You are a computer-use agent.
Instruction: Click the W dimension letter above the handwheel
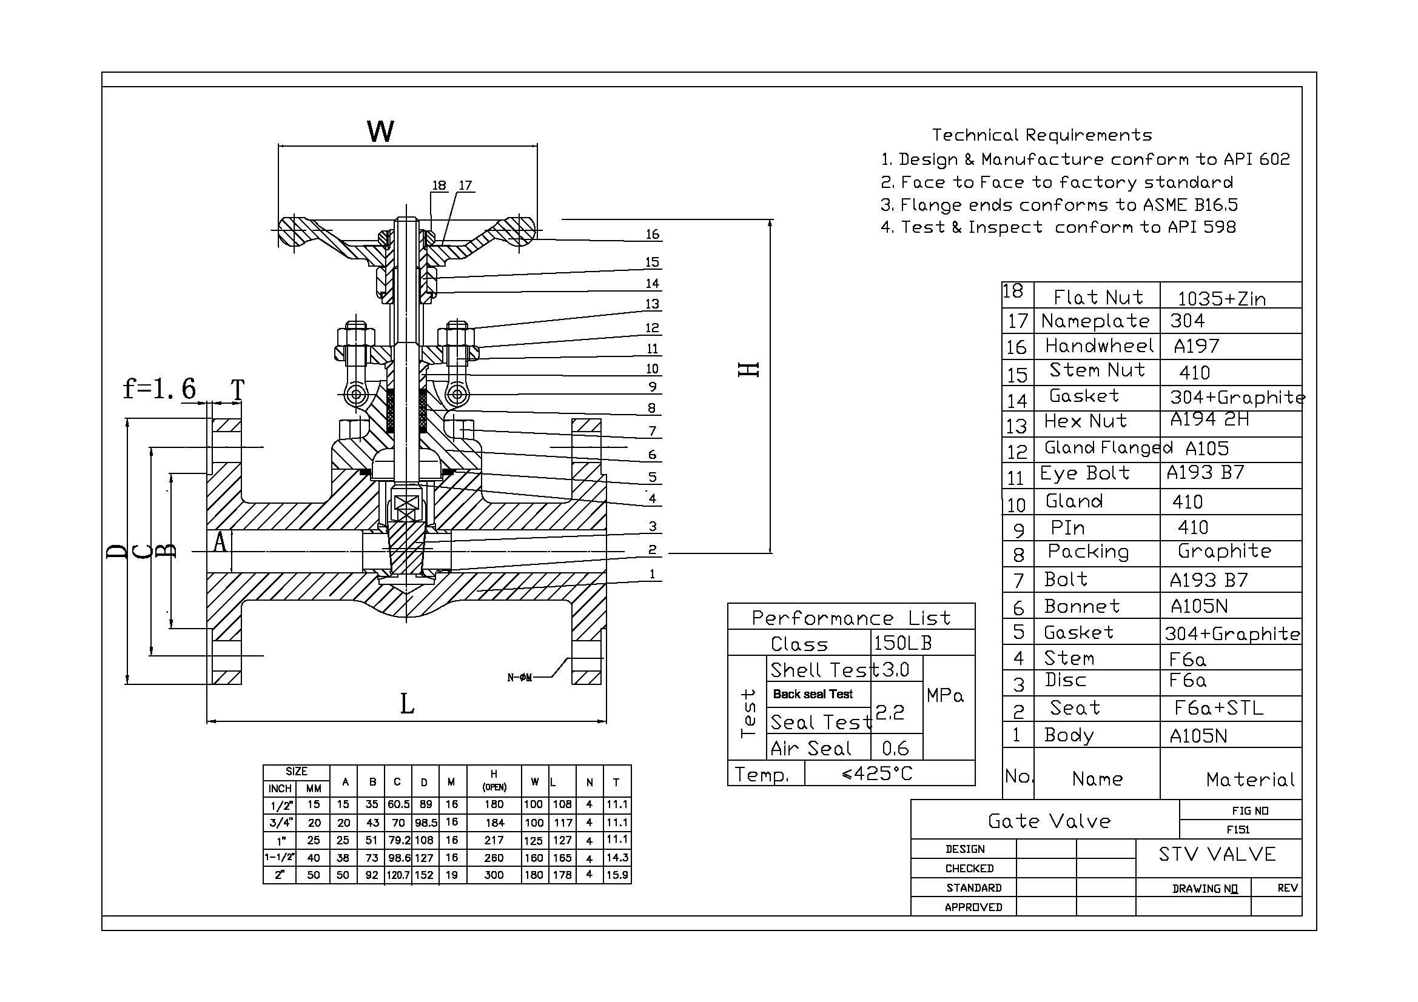pyautogui.click(x=380, y=132)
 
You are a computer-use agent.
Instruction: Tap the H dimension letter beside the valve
pyautogui.click(x=748, y=370)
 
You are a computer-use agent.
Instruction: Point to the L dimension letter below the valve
pyautogui.click(x=407, y=704)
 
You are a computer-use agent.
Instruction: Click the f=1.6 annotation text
pyautogui.click(x=160, y=389)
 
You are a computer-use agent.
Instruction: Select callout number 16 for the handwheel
pyautogui.click(x=652, y=235)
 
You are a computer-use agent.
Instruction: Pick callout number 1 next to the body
pyautogui.click(x=652, y=574)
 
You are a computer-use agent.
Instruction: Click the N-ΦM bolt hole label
pyautogui.click(x=519, y=678)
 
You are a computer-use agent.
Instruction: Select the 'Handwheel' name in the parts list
pyautogui.click(x=1100, y=346)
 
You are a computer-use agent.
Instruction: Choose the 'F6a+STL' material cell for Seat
pyautogui.click(x=1218, y=708)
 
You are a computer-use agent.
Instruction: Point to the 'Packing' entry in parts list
pyautogui.click(x=1088, y=552)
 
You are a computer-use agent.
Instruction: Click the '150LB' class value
pyautogui.click(x=902, y=643)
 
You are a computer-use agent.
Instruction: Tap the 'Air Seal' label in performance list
pyautogui.click(x=811, y=748)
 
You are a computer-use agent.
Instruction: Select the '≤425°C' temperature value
pyautogui.click(x=877, y=773)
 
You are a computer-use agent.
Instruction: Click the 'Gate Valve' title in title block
pyautogui.click(x=1049, y=821)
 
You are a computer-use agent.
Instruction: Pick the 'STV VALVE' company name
pyautogui.click(x=1217, y=855)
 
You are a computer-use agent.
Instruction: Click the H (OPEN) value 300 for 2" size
pyautogui.click(x=494, y=875)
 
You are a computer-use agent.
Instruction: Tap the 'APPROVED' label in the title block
pyautogui.click(x=973, y=907)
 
